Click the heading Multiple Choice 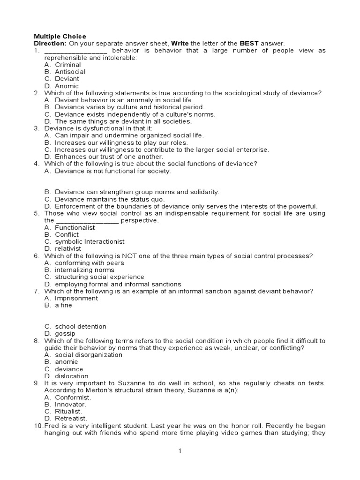(60, 36)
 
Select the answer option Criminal (67, 65)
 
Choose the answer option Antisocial (70, 72)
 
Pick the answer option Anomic (67, 86)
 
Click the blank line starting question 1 (75, 51)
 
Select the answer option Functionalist (75, 227)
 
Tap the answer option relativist (68, 248)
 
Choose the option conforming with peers (90, 263)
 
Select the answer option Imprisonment (76, 298)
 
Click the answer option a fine (64, 305)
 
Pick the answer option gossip (65, 333)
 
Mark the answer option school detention (81, 326)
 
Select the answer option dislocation (71, 376)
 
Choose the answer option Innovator (70, 404)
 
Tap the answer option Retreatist (71, 418)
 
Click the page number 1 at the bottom (180, 451)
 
